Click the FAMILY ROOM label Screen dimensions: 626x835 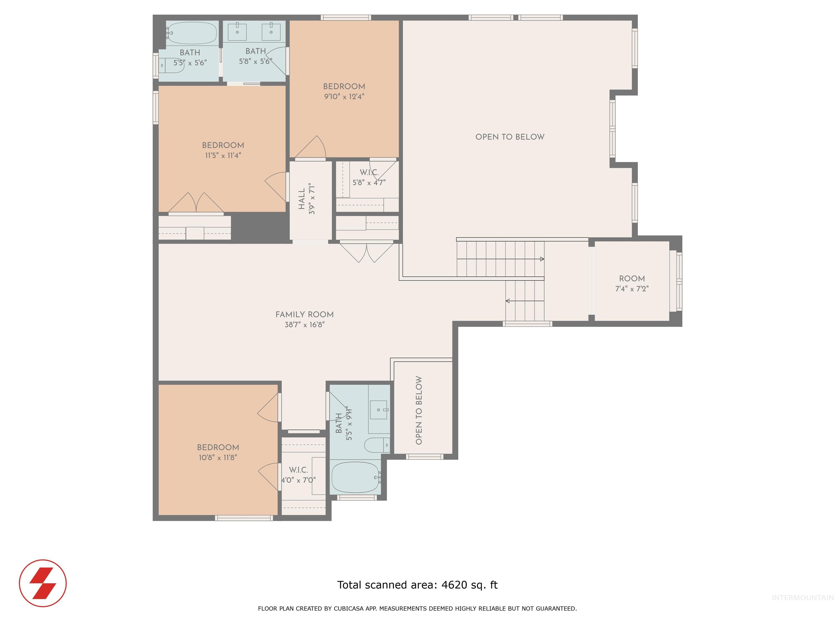coord(304,314)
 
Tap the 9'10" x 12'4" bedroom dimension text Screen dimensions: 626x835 coord(344,97)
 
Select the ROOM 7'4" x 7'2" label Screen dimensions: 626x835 coord(631,283)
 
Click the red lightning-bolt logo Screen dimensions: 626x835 coord(43,583)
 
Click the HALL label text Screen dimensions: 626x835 coord(302,199)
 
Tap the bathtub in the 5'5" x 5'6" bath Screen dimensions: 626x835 coord(192,33)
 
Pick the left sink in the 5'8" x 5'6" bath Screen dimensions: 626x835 coord(238,32)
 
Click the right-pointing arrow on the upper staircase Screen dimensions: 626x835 coord(542,259)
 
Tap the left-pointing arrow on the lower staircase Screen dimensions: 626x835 coord(508,301)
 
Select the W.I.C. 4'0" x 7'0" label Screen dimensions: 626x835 coord(298,475)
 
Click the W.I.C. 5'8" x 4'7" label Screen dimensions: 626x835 coord(369,177)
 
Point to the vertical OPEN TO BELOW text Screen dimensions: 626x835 coord(419,410)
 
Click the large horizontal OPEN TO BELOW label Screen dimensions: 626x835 coord(510,137)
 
